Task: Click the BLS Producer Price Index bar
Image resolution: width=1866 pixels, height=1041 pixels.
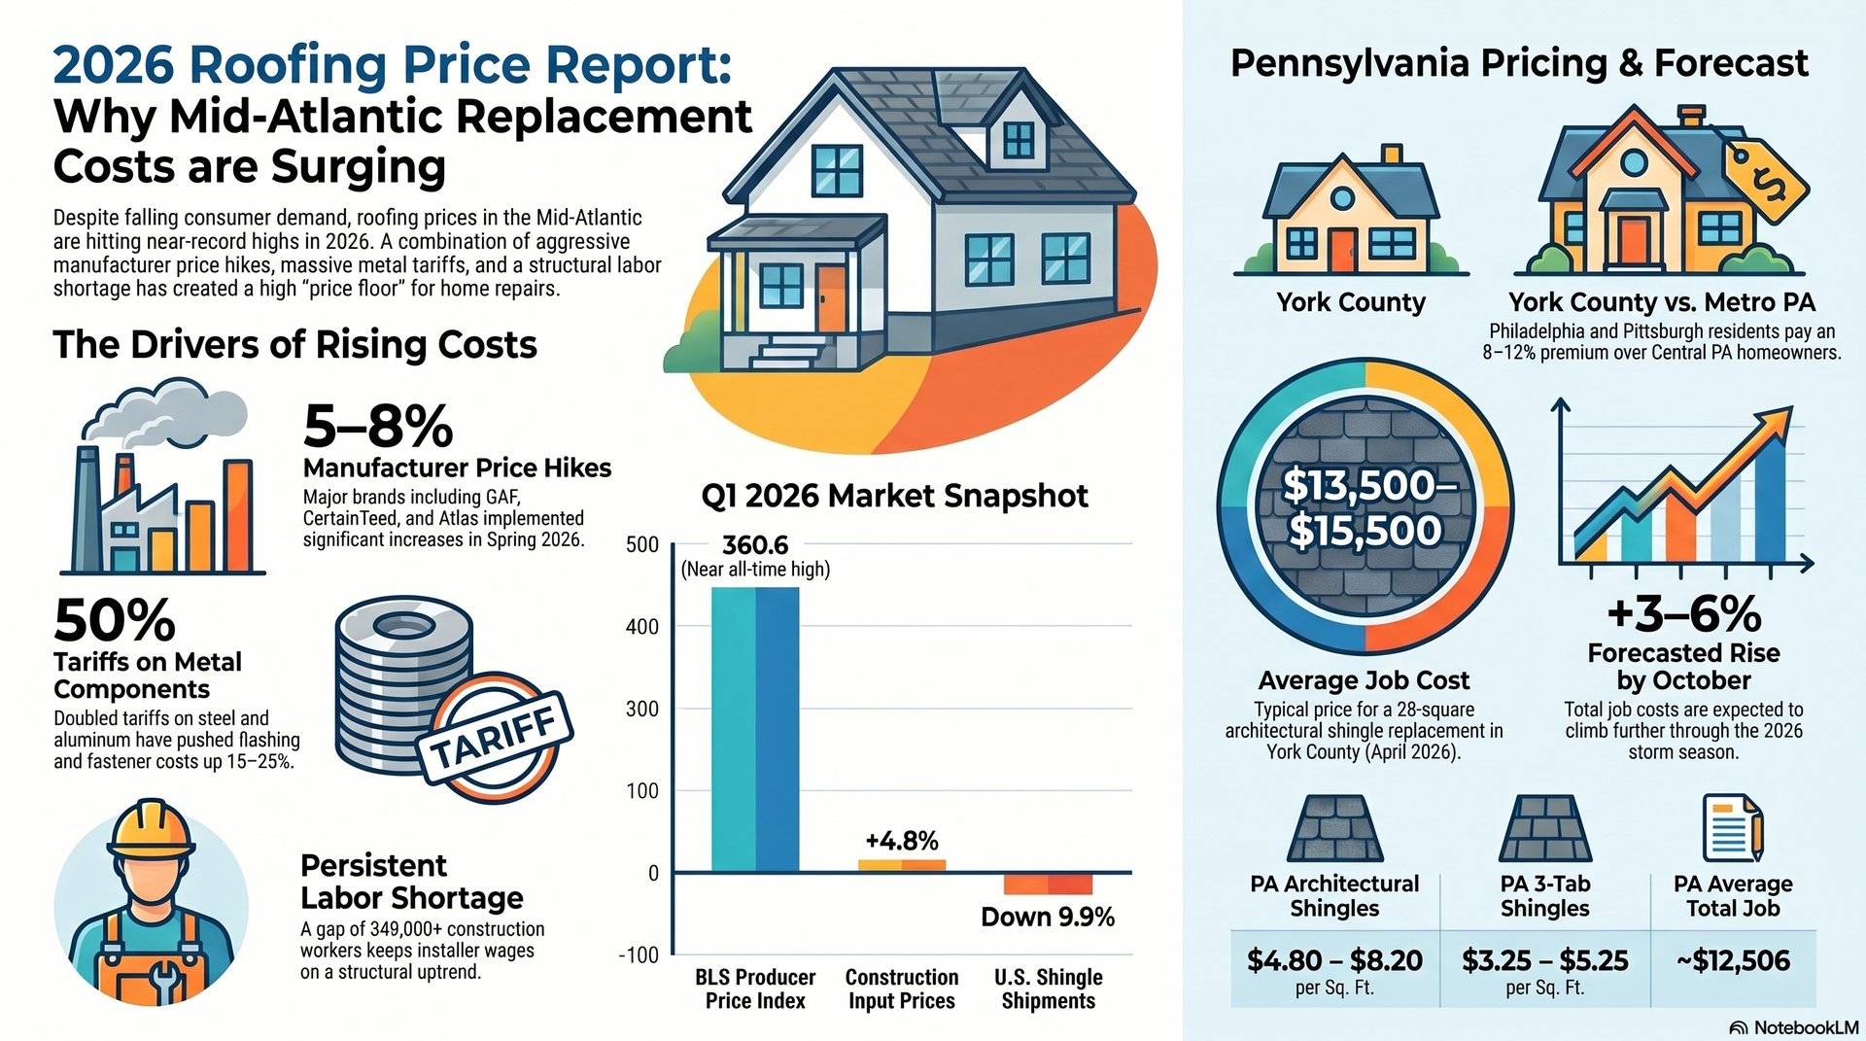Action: (755, 729)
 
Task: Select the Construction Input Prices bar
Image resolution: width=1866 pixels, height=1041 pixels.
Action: (901, 865)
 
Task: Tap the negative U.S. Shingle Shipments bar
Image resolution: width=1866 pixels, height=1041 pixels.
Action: (1048, 884)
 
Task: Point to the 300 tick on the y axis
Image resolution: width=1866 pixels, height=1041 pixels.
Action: (642, 709)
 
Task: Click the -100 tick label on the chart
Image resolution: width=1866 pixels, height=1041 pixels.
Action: (639, 955)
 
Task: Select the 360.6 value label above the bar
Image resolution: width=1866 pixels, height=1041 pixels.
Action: (755, 545)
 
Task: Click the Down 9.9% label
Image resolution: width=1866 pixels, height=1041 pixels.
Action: (1047, 918)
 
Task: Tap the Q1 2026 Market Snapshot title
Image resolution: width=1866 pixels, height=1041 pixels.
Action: (894, 496)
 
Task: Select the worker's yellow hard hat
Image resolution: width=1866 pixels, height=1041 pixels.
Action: (151, 828)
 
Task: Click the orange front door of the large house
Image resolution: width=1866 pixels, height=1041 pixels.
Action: (831, 298)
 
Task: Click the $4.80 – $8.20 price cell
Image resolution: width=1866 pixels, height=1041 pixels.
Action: (1334, 961)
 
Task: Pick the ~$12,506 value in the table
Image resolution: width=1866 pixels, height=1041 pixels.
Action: (1733, 961)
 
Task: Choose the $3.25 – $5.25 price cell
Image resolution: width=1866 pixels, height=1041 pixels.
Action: (1544, 961)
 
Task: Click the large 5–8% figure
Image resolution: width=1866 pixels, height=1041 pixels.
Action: (378, 426)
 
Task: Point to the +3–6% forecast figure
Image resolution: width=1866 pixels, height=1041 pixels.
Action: (1683, 614)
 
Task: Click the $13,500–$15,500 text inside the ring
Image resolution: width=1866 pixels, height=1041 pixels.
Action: (1365, 507)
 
